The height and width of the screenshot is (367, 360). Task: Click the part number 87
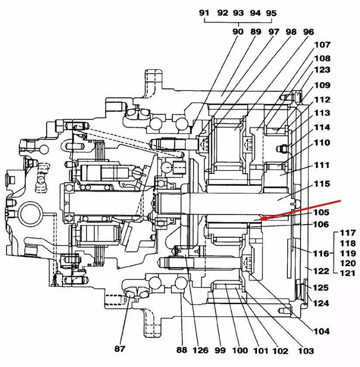120,349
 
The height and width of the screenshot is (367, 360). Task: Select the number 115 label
322,184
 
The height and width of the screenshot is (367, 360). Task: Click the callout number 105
322,212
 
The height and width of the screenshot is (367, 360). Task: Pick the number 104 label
322,332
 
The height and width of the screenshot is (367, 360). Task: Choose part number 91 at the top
204,13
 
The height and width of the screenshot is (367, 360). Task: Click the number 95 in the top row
271,13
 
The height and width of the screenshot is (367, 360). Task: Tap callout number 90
238,32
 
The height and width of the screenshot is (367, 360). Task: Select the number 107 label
322,45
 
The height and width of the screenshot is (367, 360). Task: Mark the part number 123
322,70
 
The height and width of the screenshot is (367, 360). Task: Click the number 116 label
321,253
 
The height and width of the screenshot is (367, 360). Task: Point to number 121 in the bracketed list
348,272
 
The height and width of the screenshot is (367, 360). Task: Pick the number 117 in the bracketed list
348,233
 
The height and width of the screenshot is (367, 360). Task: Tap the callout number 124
321,303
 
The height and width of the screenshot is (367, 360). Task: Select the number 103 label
305,351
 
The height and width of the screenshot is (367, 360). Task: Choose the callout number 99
220,350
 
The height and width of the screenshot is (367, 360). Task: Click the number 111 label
322,166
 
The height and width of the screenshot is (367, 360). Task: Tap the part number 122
321,271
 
